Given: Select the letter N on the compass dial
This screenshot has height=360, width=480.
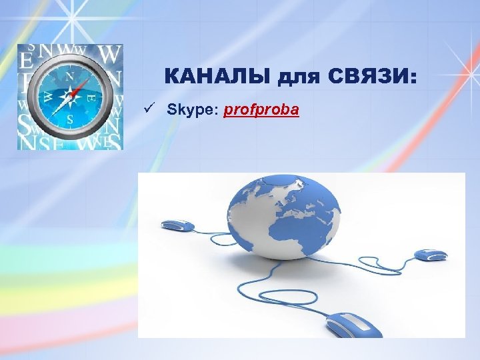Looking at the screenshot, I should click(70, 76).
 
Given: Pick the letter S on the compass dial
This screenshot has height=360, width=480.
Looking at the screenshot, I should click(70, 121).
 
